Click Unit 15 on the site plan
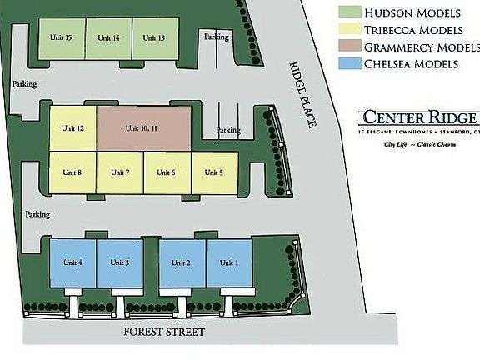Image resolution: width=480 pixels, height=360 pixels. [x=62, y=38]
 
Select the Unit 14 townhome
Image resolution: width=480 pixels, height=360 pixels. [x=108, y=38]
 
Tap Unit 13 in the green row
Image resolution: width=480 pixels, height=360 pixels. [x=154, y=38]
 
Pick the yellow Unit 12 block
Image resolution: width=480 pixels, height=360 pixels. [x=73, y=128]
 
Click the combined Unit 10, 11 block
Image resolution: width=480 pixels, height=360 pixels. [x=142, y=128]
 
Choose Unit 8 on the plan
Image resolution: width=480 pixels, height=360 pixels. [x=73, y=172]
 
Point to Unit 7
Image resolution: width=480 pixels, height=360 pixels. [x=120, y=172]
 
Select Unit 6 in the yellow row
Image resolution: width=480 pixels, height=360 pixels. [x=167, y=172]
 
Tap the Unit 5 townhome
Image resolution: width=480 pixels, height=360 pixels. [x=214, y=172]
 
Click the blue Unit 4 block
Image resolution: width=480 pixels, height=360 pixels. [x=73, y=263]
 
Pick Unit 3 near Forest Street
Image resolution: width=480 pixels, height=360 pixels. [x=120, y=263]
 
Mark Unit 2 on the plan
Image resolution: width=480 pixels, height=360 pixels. [x=182, y=263]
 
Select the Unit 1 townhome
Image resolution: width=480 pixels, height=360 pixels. [x=228, y=263]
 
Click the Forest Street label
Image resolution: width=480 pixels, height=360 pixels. [x=163, y=332]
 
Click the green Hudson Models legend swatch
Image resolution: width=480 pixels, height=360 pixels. [x=348, y=12]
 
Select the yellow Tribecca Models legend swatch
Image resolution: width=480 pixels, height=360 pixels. [x=348, y=30]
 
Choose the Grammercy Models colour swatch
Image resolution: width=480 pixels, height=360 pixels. [x=348, y=47]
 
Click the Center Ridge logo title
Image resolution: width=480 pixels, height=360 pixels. [x=418, y=117]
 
